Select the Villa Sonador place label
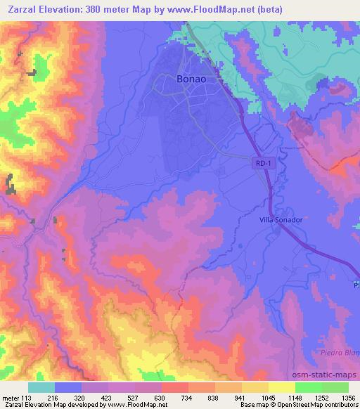pos(280,220)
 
